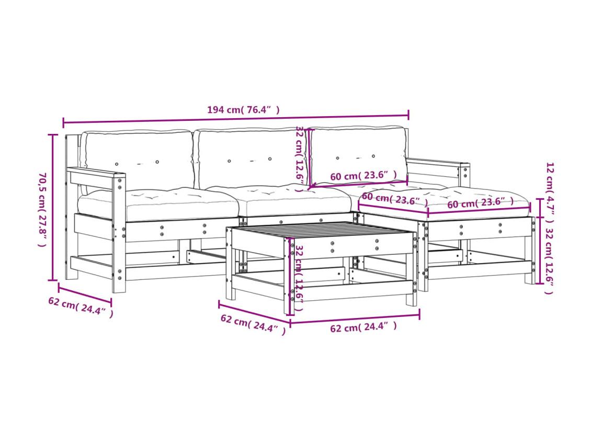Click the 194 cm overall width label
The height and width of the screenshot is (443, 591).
(x=244, y=110)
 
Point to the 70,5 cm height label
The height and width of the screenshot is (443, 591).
(x=42, y=210)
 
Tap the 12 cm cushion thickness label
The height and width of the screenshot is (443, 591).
(x=550, y=193)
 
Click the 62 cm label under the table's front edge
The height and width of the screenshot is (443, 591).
(x=363, y=327)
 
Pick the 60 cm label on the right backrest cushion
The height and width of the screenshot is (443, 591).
(x=363, y=175)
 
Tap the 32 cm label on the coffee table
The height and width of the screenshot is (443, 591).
(x=299, y=278)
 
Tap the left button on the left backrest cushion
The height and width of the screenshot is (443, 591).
(x=117, y=164)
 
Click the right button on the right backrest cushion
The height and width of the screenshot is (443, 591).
(x=373, y=156)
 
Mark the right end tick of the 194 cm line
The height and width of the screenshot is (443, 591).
(x=408, y=116)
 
